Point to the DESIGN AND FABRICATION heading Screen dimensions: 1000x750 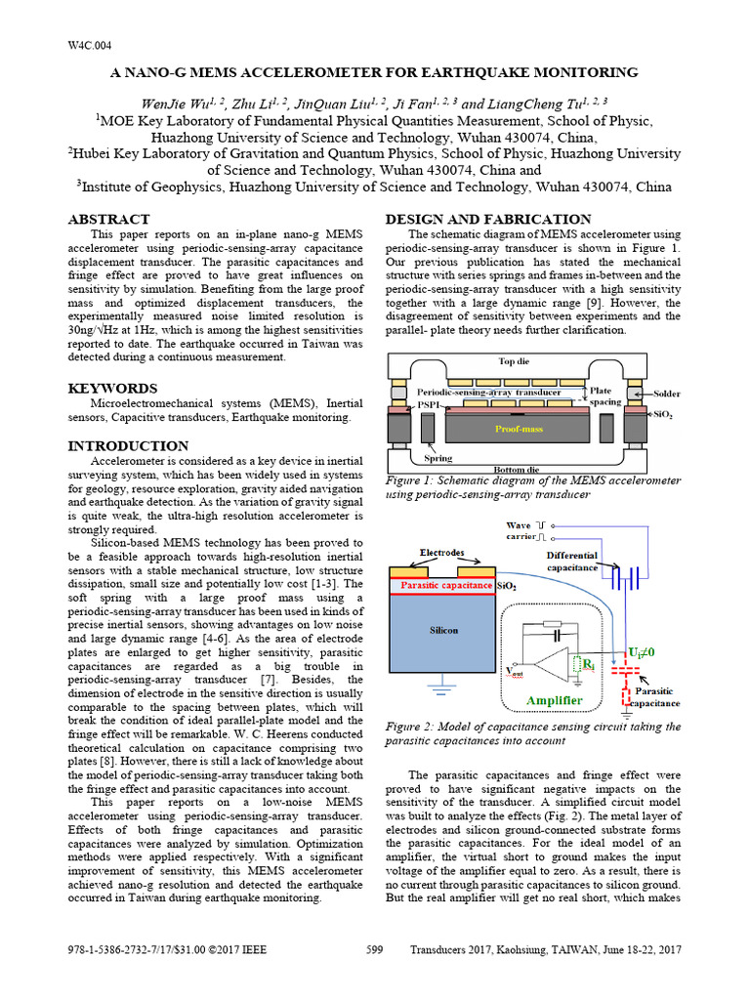488,219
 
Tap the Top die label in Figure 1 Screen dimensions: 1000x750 516,360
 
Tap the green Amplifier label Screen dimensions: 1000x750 554,701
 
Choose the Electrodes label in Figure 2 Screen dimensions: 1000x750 442,553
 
